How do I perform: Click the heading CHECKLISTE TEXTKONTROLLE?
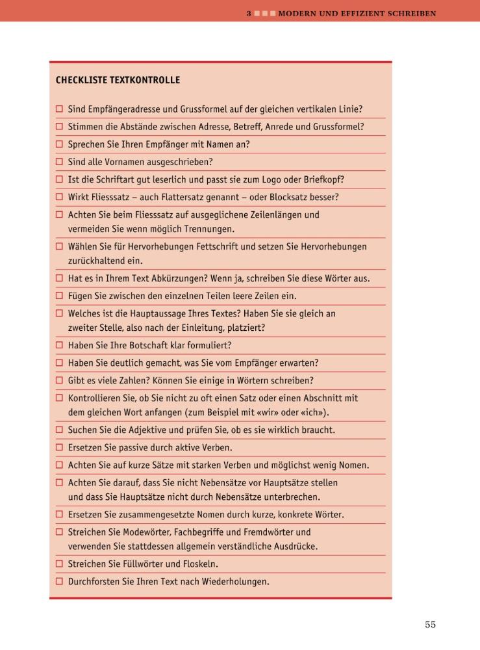tap(118, 81)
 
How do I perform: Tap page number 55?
tap(430, 625)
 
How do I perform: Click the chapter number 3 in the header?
tap(249, 13)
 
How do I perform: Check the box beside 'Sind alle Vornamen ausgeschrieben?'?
tap(59, 162)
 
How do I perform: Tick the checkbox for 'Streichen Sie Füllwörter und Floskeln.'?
tap(59, 564)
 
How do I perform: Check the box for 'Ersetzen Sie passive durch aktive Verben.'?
tap(59, 448)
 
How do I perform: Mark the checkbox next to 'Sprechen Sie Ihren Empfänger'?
tap(59, 144)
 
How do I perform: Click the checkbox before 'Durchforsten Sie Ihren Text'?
tap(59, 581)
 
